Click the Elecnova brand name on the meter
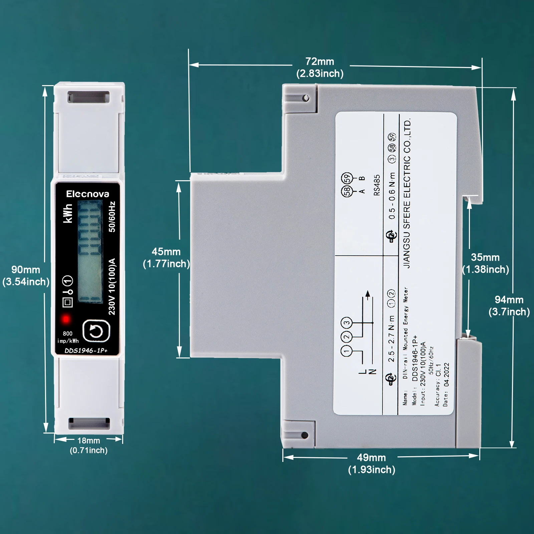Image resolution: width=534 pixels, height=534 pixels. click(x=87, y=194)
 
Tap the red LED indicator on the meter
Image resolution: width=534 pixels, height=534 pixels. click(x=66, y=319)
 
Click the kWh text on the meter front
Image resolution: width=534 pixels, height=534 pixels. click(x=68, y=214)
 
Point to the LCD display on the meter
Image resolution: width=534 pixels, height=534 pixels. click(x=89, y=252)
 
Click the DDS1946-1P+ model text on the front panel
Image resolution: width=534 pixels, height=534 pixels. click(x=86, y=350)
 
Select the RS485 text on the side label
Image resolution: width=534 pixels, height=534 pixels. click(x=377, y=185)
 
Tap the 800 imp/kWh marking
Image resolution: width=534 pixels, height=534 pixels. click(x=68, y=337)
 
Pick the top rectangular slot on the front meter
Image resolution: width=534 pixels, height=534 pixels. click(x=89, y=97)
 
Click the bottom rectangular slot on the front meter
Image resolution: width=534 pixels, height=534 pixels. click(x=89, y=423)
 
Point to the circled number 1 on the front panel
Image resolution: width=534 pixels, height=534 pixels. click(x=68, y=280)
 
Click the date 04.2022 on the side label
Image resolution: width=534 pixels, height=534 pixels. click(x=446, y=375)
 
